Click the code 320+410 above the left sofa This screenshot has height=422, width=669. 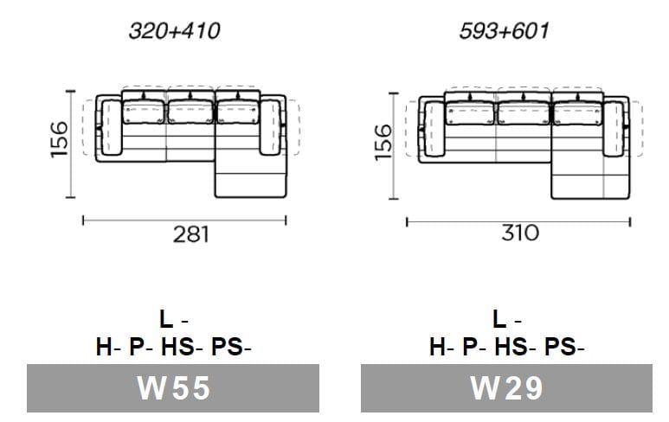tap(175, 31)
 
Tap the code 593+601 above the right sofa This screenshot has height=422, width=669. tap(505, 31)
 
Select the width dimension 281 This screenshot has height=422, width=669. tap(191, 234)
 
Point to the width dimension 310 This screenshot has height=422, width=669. tap(520, 233)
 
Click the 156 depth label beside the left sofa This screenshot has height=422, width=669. tap(60, 140)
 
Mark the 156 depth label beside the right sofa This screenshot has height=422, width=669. tap(383, 143)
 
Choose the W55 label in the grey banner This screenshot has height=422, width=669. tap(173, 388)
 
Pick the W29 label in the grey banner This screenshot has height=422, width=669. tap(506, 388)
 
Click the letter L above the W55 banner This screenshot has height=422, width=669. tap(166, 319)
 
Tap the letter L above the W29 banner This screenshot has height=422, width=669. tap(499, 319)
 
